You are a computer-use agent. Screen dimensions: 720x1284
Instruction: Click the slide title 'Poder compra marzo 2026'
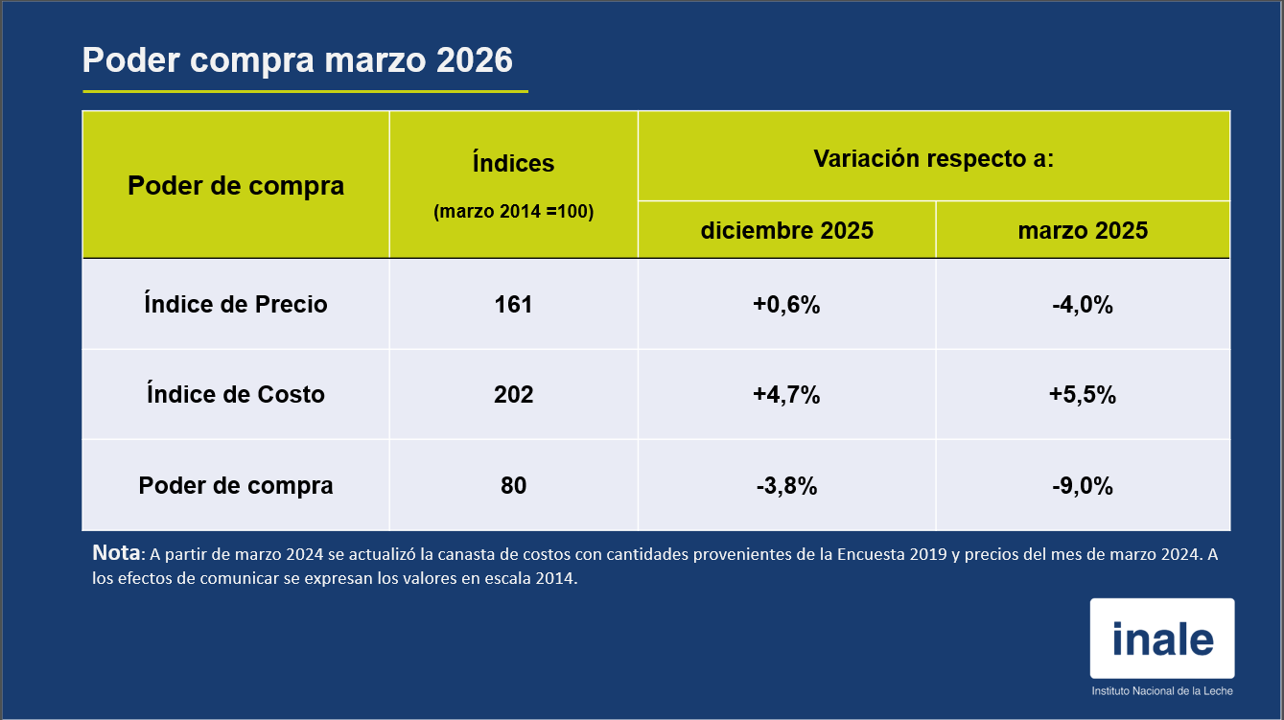coord(297,60)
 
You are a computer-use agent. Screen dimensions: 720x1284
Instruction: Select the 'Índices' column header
coord(513,164)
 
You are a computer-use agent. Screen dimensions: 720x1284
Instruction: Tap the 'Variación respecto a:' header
coord(933,158)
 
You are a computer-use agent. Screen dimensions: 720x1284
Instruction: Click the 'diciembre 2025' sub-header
coord(786,231)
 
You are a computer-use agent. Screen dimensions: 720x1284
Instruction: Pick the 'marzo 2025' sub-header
coord(1083,231)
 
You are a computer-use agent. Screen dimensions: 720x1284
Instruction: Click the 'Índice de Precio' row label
coord(236,304)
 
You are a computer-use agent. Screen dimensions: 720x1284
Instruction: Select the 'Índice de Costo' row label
coord(236,394)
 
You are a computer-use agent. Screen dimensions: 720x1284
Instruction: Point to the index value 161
coord(513,304)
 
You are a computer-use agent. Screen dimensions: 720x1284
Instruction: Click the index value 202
coord(513,394)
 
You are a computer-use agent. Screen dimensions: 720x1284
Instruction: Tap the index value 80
coord(513,485)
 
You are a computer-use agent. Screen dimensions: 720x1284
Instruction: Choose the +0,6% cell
coord(786,304)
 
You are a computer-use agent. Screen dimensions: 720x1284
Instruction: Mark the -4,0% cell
coord(1083,304)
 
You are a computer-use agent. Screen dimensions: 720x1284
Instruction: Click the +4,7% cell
coord(786,394)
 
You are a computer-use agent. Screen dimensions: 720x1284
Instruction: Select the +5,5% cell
coord(1083,394)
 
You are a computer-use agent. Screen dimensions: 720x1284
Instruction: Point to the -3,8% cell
coord(786,485)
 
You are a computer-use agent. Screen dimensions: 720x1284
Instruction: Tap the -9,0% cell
coord(1083,485)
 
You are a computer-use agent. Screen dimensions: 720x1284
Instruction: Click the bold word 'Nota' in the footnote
coord(116,553)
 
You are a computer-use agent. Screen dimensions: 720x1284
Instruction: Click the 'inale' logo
coord(1162,639)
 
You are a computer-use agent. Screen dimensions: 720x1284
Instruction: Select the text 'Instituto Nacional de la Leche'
coord(1162,691)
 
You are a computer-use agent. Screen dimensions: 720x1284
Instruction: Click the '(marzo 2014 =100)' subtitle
coord(513,212)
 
